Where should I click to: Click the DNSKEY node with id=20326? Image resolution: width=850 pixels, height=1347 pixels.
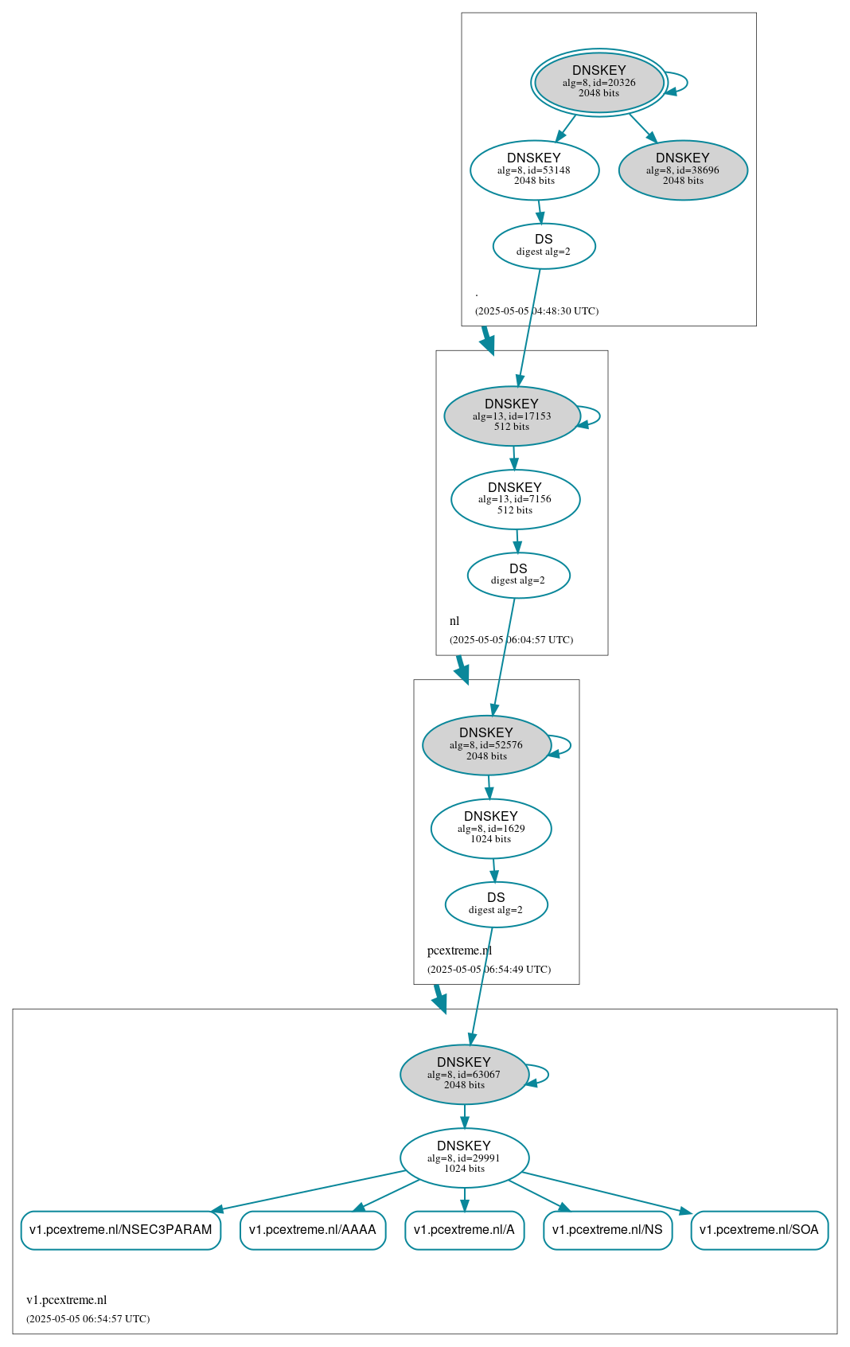tap(599, 82)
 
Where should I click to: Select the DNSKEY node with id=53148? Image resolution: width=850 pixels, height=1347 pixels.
tap(534, 170)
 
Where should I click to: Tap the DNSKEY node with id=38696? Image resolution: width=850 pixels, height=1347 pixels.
tap(683, 170)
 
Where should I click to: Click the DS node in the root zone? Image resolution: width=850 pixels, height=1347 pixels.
tap(544, 246)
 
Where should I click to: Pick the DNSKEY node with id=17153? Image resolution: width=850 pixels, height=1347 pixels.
tap(513, 416)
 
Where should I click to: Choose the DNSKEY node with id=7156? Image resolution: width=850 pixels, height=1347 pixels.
tap(515, 499)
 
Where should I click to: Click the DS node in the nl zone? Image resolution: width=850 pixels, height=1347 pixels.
tap(518, 576)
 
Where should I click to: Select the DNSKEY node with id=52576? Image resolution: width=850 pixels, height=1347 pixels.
tap(486, 745)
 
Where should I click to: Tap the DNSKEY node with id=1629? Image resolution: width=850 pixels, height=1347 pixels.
tap(490, 829)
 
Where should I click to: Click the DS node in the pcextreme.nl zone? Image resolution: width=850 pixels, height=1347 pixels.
tap(496, 904)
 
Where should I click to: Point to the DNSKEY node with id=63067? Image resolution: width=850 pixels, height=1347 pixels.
tap(464, 1075)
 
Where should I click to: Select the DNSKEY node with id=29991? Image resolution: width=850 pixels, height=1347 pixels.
tap(464, 1158)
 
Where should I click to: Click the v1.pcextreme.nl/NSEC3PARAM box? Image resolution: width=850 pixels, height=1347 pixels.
tap(121, 1230)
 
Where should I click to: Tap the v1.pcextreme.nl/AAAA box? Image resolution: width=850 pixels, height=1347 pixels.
tap(313, 1230)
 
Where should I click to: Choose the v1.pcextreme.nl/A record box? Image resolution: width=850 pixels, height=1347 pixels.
tap(464, 1230)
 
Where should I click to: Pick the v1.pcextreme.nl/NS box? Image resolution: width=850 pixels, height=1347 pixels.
tap(607, 1230)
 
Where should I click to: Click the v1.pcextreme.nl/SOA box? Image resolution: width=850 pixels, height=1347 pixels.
tap(759, 1230)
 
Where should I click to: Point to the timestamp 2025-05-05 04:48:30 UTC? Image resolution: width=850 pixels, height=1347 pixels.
tap(536, 311)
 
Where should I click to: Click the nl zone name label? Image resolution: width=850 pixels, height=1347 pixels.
tap(454, 621)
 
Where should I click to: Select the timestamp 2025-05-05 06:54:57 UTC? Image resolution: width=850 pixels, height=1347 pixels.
tap(88, 1318)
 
